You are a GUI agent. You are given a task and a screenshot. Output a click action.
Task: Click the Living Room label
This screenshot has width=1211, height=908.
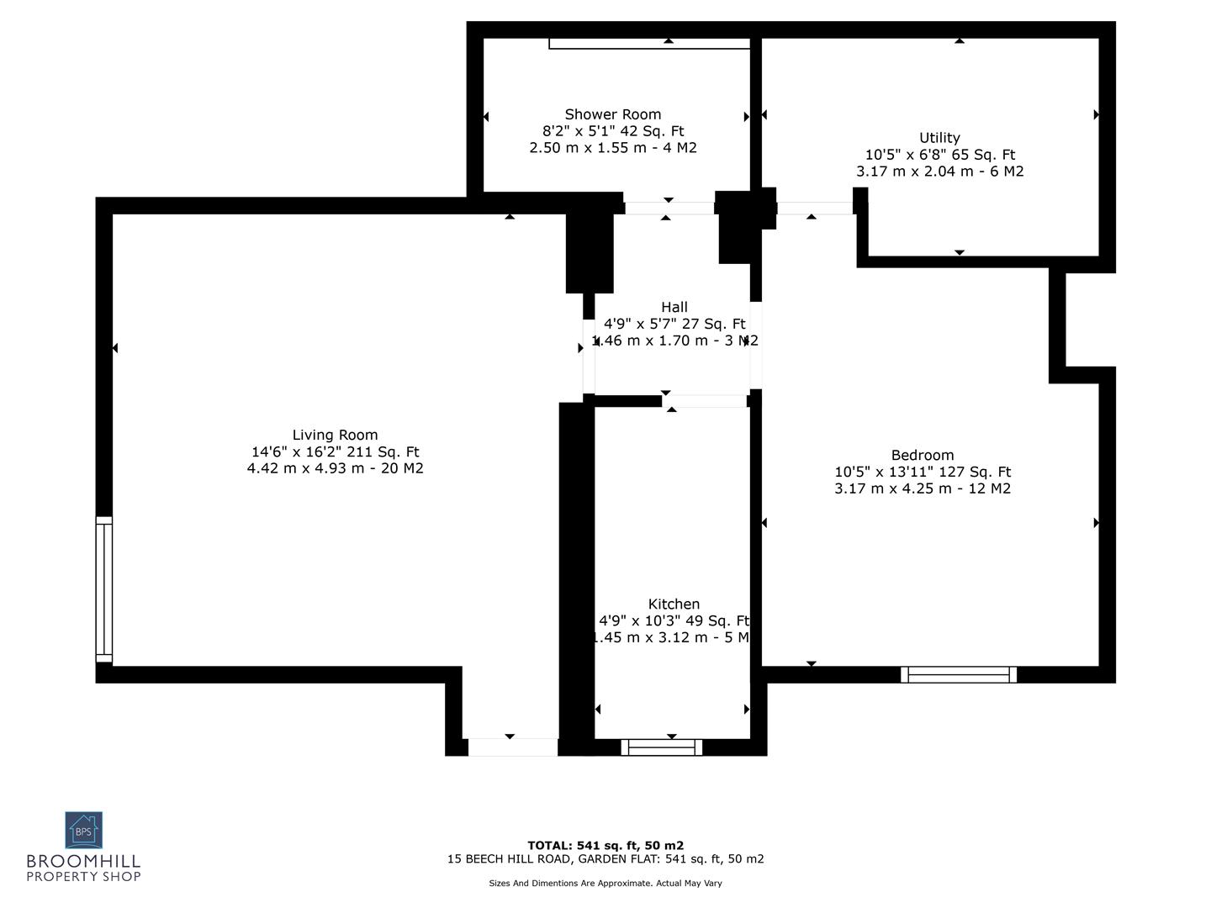[335, 435]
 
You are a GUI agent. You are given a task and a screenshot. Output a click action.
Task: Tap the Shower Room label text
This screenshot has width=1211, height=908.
[612, 114]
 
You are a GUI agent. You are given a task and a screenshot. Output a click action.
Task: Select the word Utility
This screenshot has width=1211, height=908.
[939, 138]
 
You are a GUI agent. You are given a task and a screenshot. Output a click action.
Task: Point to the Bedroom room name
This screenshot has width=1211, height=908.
[923, 456]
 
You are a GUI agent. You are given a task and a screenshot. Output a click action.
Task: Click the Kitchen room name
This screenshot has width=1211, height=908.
[674, 604]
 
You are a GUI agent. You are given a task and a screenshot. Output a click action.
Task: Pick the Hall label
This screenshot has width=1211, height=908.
[674, 308]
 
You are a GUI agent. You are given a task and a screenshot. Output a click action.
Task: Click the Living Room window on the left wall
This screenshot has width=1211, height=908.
[103, 589]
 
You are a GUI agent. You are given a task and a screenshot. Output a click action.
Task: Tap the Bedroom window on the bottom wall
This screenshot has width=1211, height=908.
[959, 674]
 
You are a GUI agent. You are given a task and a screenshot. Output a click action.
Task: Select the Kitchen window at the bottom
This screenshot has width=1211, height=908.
[661, 747]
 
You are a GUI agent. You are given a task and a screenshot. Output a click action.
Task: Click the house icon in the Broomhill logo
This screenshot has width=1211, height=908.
[83, 831]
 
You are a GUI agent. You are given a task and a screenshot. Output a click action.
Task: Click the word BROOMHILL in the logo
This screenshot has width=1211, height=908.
[83, 862]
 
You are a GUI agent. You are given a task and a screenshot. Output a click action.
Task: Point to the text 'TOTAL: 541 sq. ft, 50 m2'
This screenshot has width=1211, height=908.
[605, 846]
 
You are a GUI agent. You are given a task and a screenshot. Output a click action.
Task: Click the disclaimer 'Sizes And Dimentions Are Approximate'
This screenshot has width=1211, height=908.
[605, 884]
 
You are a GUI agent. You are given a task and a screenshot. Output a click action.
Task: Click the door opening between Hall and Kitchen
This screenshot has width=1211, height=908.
[705, 402]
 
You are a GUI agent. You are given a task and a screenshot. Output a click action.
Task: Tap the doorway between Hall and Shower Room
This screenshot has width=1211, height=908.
[669, 208]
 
